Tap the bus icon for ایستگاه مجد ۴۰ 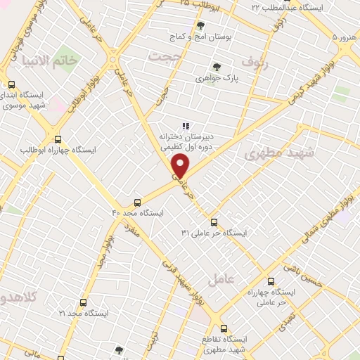coord(137,201)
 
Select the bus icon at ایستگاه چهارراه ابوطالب coord(58,139)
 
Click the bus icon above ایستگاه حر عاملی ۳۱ coord(214,221)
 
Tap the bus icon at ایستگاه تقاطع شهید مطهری coord(224,328)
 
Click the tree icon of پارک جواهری coord(217,67)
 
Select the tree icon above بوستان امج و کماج coord(200,25)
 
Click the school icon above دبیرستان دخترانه coord(186,125)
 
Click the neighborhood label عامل coord(222,280)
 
